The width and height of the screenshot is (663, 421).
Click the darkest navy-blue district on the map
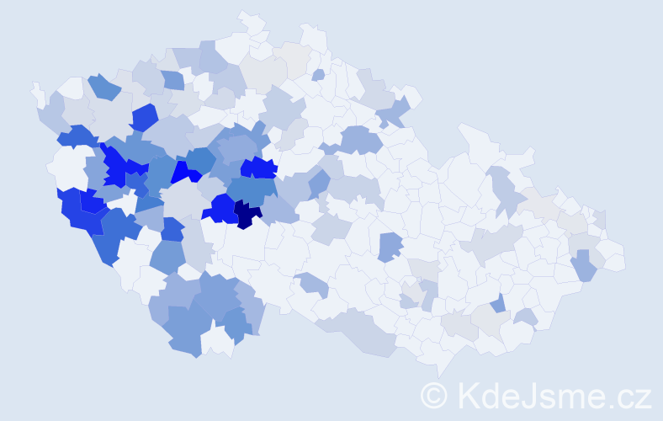(x=247, y=215)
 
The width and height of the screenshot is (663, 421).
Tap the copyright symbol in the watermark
(x=434, y=395)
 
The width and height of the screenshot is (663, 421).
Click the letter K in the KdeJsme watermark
(x=471, y=395)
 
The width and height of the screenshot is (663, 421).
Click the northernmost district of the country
(x=250, y=21)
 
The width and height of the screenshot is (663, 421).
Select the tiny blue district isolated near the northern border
(x=318, y=75)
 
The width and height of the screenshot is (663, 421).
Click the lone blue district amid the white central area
(x=389, y=246)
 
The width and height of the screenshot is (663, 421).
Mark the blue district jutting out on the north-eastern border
(x=396, y=110)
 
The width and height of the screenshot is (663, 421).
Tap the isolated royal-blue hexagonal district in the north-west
(x=144, y=118)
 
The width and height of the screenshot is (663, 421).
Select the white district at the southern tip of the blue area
(x=217, y=341)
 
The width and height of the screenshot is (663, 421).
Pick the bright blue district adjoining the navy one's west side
(x=220, y=207)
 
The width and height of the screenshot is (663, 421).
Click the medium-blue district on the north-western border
(x=103, y=87)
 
